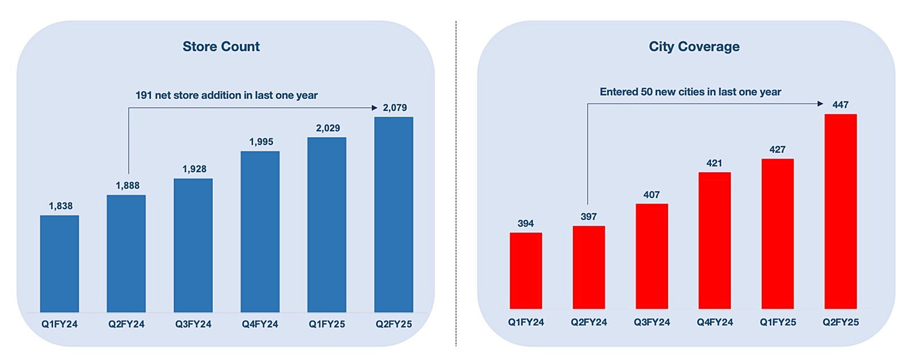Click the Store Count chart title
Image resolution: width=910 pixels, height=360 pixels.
(221, 47)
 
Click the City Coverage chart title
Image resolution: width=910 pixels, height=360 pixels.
(694, 47)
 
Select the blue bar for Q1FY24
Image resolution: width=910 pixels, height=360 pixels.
(60, 263)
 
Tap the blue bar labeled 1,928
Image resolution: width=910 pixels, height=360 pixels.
(193, 245)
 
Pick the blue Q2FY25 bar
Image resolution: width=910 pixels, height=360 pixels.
(394, 214)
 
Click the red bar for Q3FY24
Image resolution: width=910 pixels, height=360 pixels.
(652, 256)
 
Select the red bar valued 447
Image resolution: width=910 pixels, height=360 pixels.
(840, 211)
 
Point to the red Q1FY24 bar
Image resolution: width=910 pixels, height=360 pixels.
(526, 271)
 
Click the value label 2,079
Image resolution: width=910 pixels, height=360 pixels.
(395, 107)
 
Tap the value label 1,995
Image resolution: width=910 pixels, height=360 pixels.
(261, 142)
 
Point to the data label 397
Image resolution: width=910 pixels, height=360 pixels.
(589, 217)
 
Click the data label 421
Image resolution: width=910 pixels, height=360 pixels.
(714, 163)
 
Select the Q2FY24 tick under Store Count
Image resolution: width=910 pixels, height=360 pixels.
(126, 324)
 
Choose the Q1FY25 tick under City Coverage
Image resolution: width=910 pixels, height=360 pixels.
(777, 322)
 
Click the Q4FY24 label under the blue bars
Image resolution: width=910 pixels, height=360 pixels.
(260, 324)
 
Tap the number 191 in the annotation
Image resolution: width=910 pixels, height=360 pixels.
(143, 96)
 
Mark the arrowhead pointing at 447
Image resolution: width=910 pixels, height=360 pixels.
(820, 104)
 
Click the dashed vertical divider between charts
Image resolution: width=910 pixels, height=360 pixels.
(456, 182)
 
